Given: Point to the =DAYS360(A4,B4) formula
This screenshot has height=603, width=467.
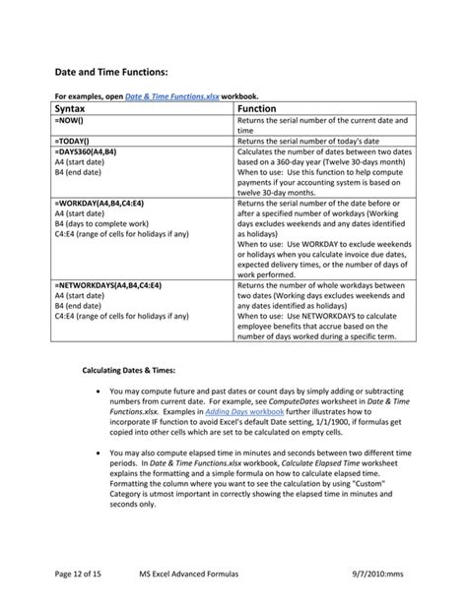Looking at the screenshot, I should (x=91, y=152).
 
